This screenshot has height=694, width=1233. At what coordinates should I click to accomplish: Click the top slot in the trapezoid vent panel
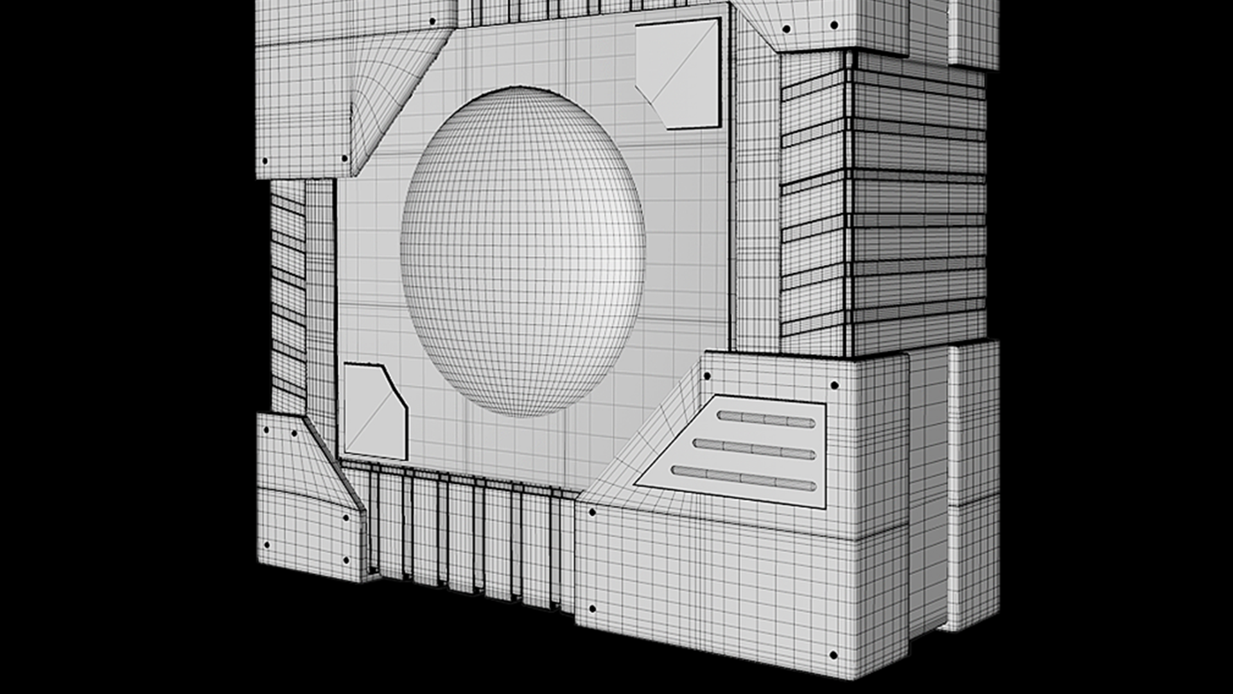(766, 419)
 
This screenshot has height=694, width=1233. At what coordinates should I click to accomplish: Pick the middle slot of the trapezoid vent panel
(755, 449)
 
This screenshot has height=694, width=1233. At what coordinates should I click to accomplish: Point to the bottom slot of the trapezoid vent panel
(743, 478)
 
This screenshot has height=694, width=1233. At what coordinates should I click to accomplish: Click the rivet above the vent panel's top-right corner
(834, 386)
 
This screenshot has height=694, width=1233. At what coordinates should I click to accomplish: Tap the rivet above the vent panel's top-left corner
(707, 376)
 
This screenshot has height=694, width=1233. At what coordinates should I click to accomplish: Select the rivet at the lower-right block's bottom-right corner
(833, 655)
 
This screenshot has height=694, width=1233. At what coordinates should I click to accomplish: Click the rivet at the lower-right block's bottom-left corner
(592, 609)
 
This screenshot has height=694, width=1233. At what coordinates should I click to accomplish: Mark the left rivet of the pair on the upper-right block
(786, 29)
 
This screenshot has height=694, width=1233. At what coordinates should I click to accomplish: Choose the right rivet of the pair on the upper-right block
(834, 25)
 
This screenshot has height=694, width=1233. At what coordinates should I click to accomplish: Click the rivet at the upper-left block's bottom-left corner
(265, 161)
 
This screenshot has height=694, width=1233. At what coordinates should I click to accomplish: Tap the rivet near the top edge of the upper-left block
(433, 21)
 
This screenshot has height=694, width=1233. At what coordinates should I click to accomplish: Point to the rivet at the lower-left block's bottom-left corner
(267, 545)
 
